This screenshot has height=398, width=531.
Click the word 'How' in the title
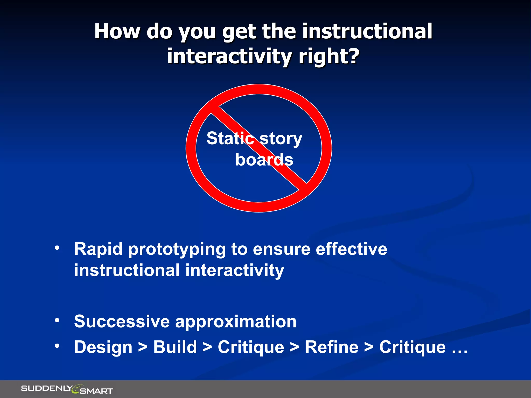pyautogui.click(x=117, y=31)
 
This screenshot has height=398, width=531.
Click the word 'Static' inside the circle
pyautogui.click(x=230, y=138)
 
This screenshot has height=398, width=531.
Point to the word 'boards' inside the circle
pyautogui.click(x=264, y=160)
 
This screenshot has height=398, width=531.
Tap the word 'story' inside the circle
pyautogui.click(x=281, y=139)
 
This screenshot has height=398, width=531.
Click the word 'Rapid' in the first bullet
pyautogui.click(x=98, y=249)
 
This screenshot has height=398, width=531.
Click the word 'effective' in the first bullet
pyautogui.click(x=351, y=249)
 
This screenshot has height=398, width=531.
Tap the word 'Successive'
pyautogui.click(x=122, y=322)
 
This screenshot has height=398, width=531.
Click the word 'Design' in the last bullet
pyautogui.click(x=103, y=347)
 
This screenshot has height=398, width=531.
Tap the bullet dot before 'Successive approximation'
pyautogui.click(x=57, y=321)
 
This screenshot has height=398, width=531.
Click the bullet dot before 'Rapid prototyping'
pyautogui.click(x=57, y=248)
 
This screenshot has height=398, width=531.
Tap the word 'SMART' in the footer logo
pyautogui.click(x=96, y=391)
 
